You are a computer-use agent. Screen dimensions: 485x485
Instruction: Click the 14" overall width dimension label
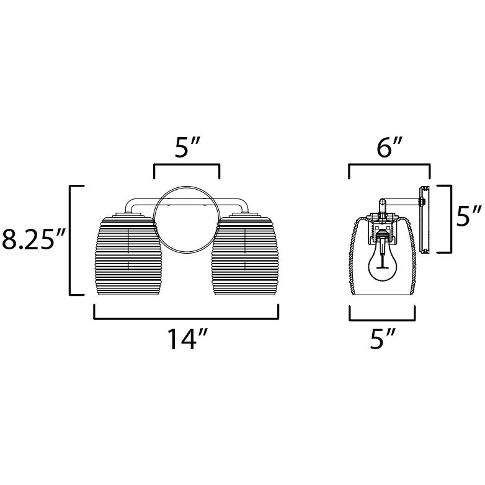(x=187, y=339)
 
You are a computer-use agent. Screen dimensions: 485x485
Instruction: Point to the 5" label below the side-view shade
(x=383, y=339)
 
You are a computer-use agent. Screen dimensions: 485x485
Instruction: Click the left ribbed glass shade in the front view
(x=128, y=256)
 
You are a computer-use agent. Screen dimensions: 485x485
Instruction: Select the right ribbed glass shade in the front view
(x=245, y=256)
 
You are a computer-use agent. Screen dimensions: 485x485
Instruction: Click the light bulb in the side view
(x=383, y=264)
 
